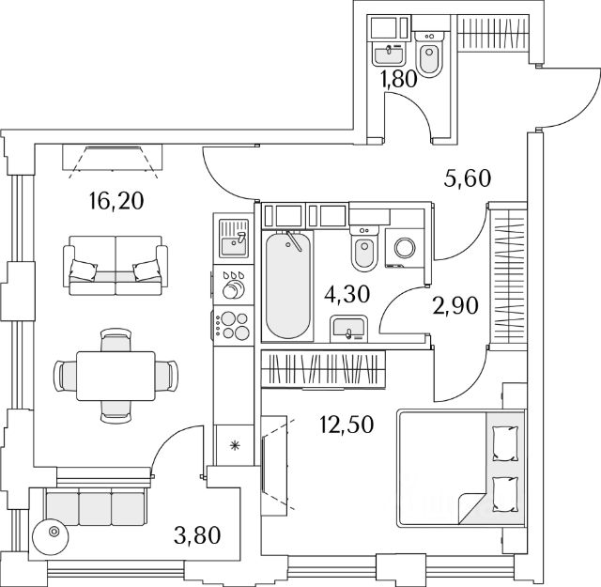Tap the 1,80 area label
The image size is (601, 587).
[x=398, y=80]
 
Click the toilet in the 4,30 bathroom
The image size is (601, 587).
[x=363, y=249]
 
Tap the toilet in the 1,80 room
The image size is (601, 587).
[x=430, y=56]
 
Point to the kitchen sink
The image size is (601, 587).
[x=231, y=240]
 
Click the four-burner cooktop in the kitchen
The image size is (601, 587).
[x=232, y=325]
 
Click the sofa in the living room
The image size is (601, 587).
[x=116, y=263]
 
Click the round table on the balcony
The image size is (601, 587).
[x=54, y=533]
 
